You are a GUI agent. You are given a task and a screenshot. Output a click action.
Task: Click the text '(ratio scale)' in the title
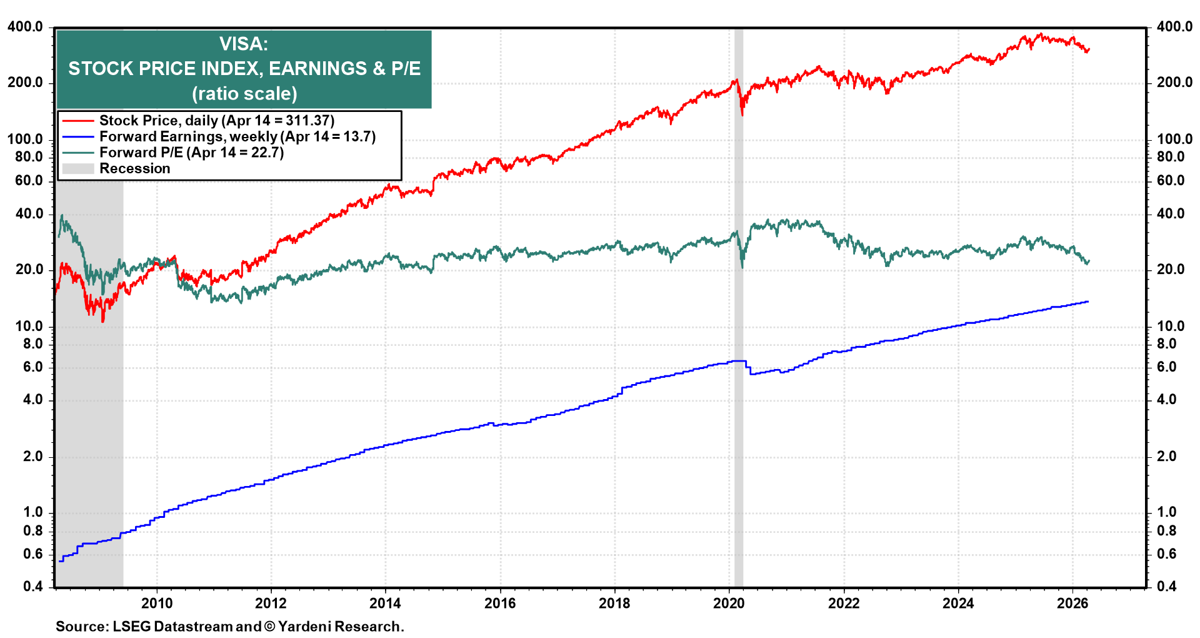coord(244,94)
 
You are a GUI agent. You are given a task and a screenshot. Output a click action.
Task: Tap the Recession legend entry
coord(134,168)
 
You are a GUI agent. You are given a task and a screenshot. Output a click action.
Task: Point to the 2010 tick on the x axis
coord(157,603)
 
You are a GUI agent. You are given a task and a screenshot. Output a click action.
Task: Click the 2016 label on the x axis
coord(500,603)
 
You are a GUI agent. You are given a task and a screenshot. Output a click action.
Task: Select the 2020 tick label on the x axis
coord(729,603)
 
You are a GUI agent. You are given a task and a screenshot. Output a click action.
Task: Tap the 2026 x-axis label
coord(1072,603)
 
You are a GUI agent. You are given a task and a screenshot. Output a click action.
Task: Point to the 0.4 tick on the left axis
coord(32,586)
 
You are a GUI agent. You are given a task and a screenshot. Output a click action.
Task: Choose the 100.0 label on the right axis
coord(1174,139)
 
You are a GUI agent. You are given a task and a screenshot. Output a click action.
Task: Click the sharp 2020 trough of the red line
coord(742,114)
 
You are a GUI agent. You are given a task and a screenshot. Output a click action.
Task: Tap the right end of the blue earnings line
coord(1088,301)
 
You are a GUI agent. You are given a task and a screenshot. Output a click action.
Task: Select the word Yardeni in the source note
coord(304,626)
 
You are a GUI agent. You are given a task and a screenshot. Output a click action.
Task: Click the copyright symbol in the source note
coord(269,626)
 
